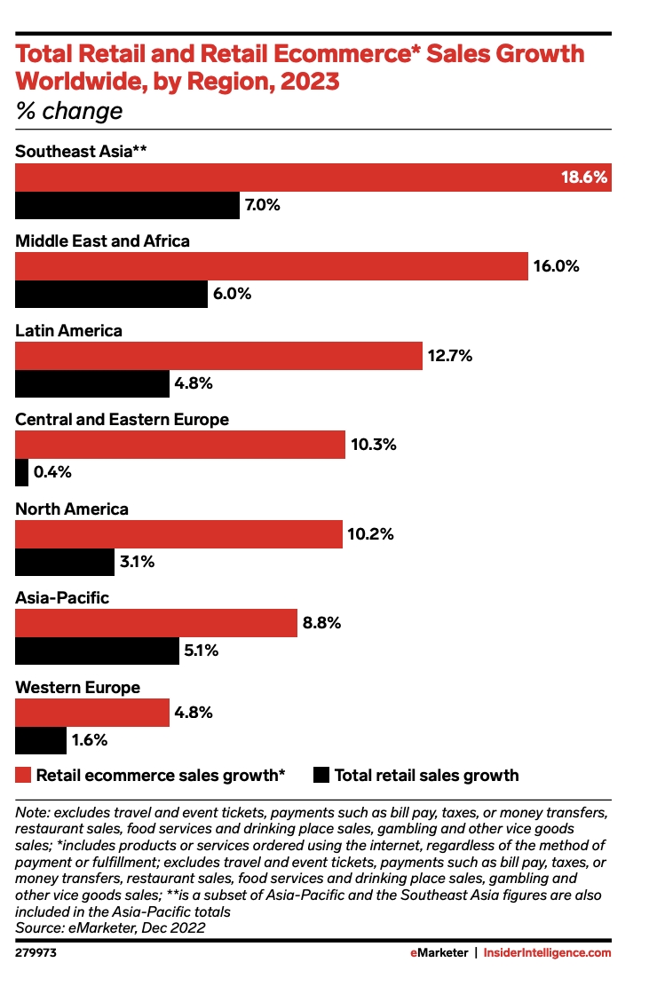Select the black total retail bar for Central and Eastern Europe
22,473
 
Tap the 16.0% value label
556,266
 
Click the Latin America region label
69,330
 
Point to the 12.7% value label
450,356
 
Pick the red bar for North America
178,534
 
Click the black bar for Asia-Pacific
98,651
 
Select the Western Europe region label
78,688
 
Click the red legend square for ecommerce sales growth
24,775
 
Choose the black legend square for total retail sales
321,775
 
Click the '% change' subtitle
69,112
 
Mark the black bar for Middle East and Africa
111,294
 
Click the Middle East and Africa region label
103,241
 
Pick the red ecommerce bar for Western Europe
92,713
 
